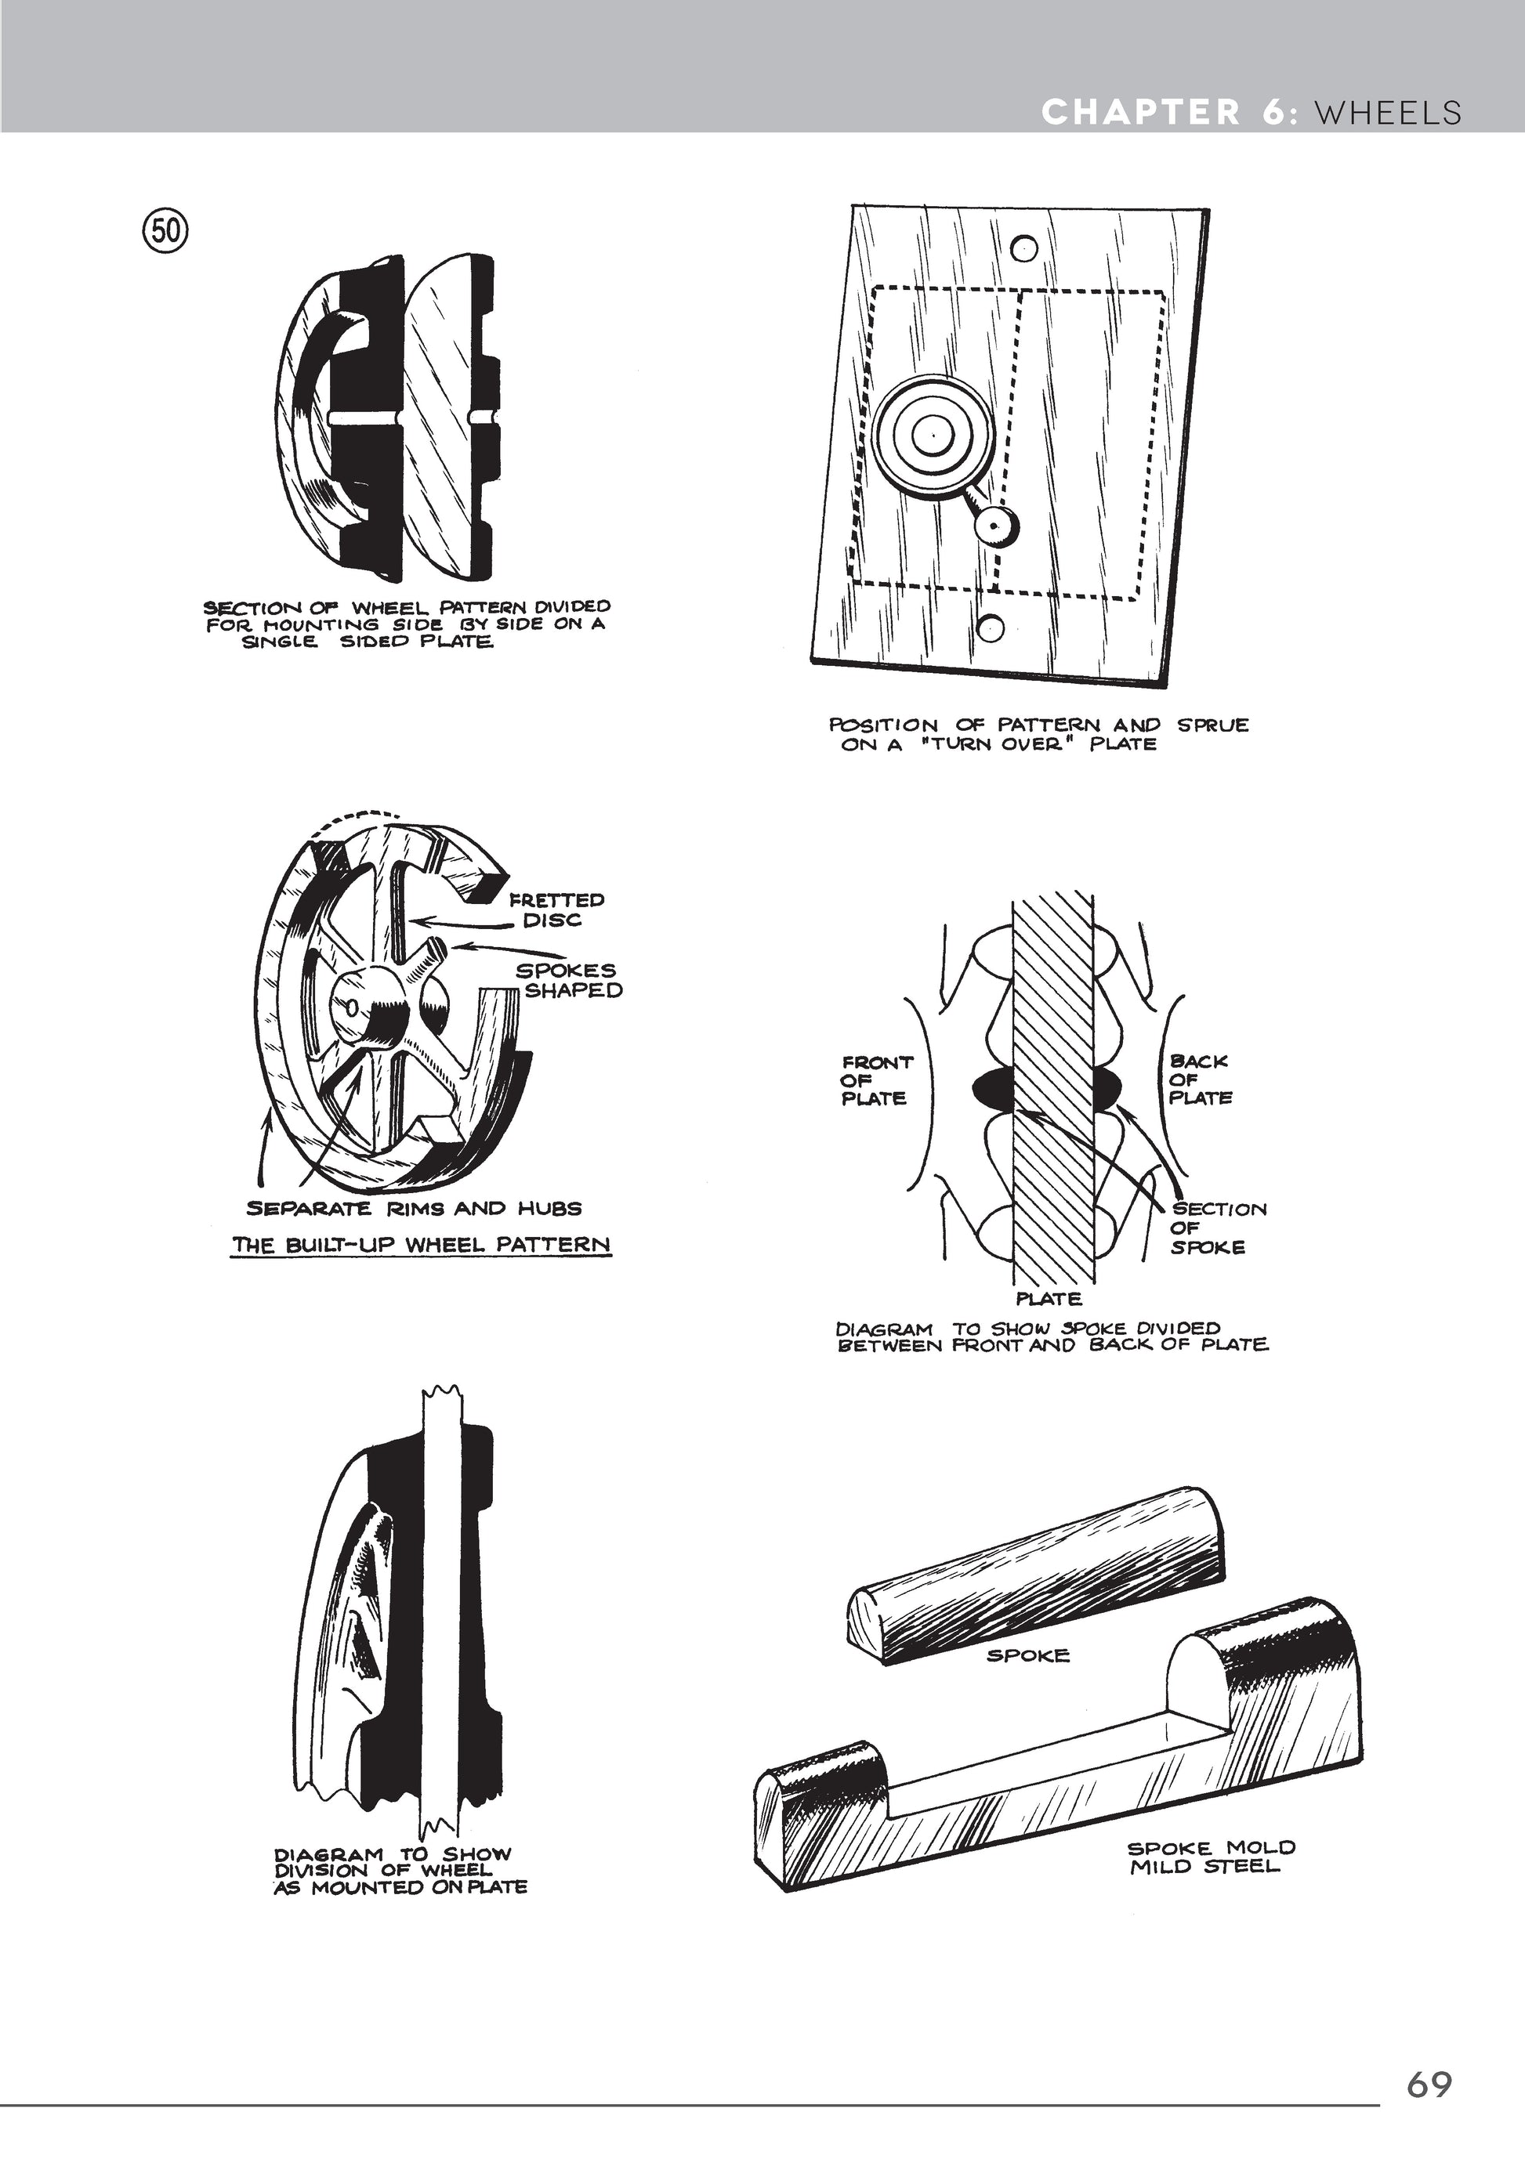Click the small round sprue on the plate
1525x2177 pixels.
point(997,523)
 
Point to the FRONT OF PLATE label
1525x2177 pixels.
point(876,1080)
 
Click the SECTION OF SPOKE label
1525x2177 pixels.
point(1218,1227)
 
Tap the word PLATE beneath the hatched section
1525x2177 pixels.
point(1049,1298)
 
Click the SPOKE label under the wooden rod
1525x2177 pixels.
point(1028,1655)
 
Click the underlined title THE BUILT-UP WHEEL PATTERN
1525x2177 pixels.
point(421,1244)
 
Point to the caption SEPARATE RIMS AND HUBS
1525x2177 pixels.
point(414,1208)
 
